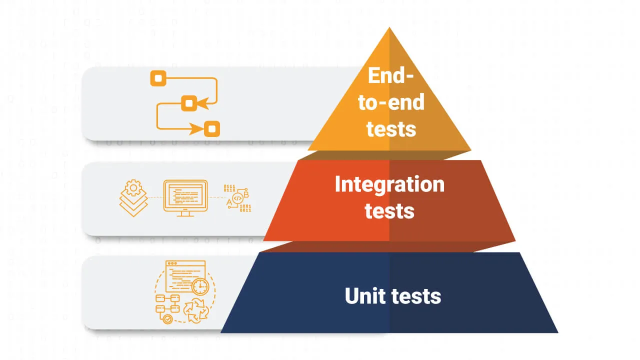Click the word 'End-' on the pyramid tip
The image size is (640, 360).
[x=390, y=76]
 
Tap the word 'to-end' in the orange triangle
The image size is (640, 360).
[x=391, y=102]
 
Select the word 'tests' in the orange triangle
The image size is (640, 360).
[x=391, y=128]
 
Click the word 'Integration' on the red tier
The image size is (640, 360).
[x=389, y=184]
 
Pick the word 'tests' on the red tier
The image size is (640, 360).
[x=389, y=210]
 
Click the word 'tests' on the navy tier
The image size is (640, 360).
[x=416, y=296]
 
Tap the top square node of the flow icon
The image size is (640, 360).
[x=158, y=78]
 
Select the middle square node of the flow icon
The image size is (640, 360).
[x=188, y=103]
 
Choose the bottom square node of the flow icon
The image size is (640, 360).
[x=212, y=129]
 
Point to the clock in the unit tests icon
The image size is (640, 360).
[x=200, y=286]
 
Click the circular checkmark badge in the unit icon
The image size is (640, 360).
[x=168, y=317]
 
